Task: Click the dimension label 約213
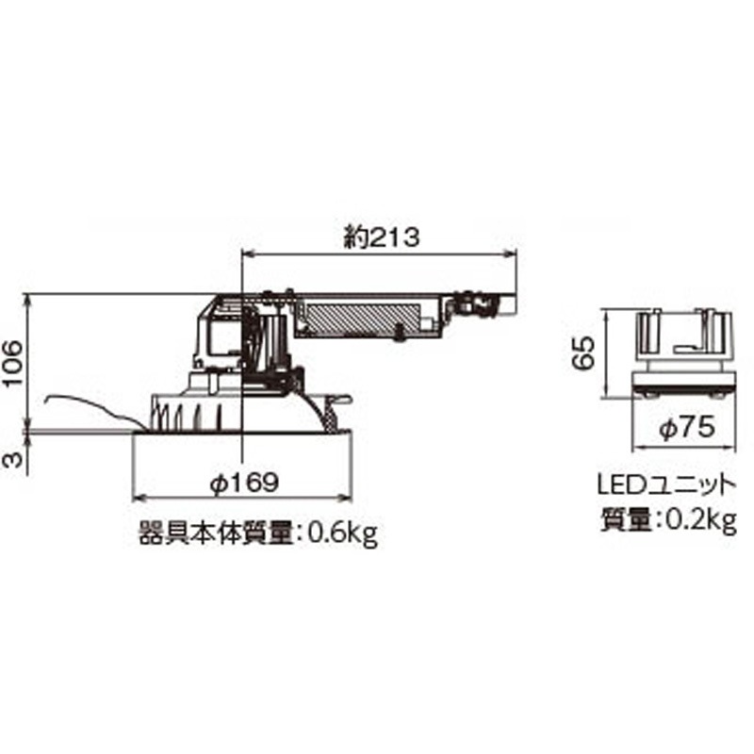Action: (380, 238)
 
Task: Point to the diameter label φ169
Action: (243, 482)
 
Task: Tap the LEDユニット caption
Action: (666, 486)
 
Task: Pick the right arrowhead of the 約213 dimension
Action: (514, 253)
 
